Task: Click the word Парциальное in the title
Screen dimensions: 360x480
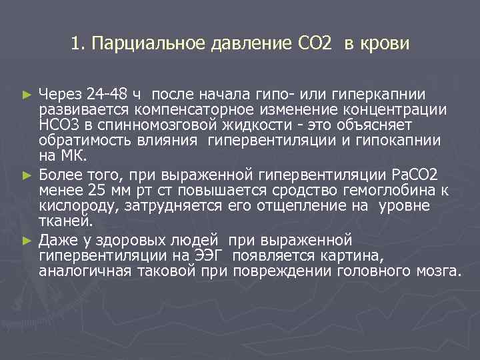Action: pos(137,45)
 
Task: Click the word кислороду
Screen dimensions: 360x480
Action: pos(77,206)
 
